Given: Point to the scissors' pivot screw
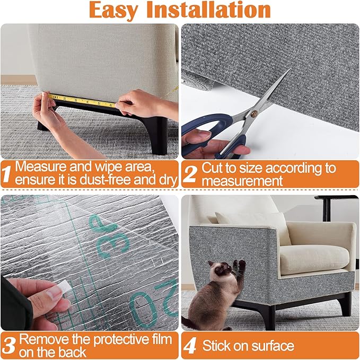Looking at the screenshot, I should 253,113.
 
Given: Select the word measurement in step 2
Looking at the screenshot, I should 244,181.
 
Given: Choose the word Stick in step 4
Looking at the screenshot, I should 216,346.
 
